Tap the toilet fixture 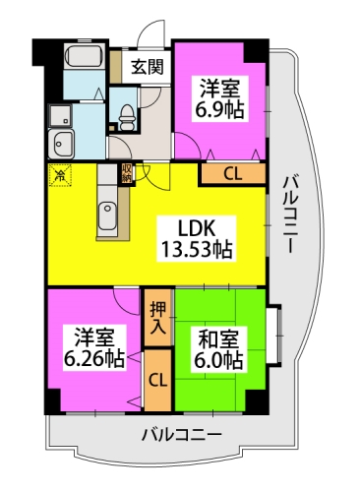pos(126,115)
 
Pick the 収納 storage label pos(127,174)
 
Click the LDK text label pos(197,225)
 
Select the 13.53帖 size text pos(197,249)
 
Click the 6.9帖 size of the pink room pos(222,107)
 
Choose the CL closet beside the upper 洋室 pos(232,174)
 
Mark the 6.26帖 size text pos(94,358)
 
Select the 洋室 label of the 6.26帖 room pos(94,336)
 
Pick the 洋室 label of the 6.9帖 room pos(222,85)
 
